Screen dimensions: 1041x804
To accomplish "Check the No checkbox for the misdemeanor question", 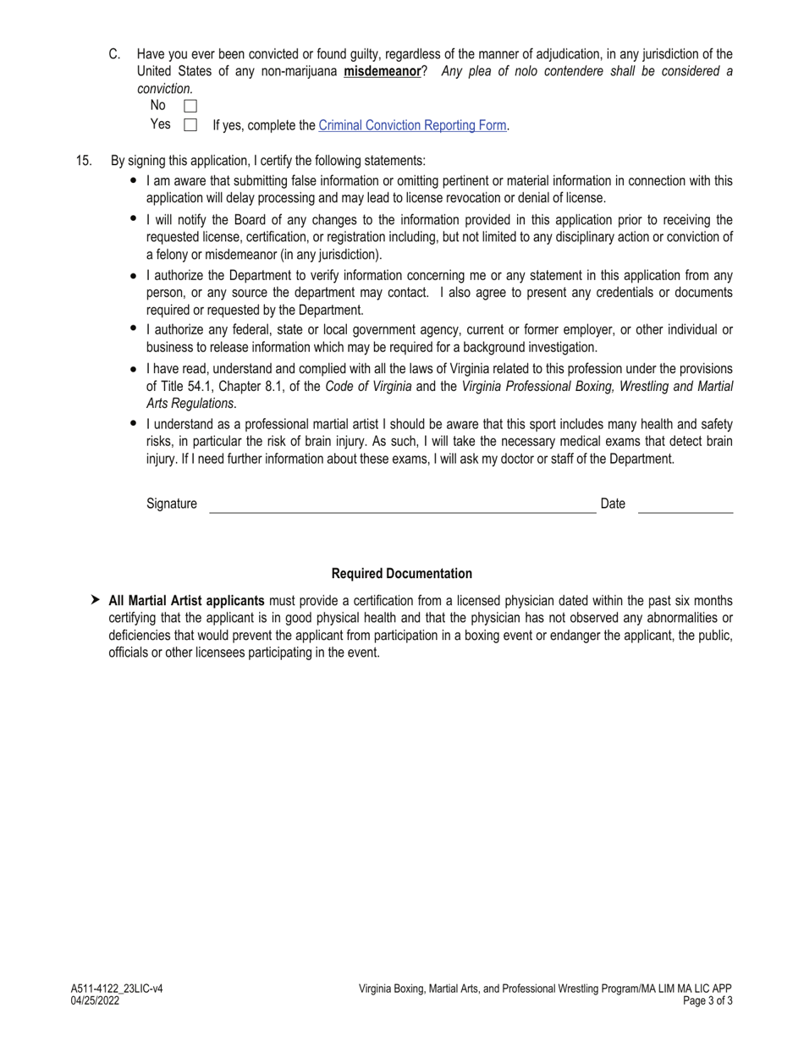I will (x=190, y=106).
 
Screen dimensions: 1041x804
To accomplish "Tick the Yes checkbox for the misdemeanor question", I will (x=190, y=125).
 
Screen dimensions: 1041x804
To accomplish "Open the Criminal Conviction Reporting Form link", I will (x=411, y=125).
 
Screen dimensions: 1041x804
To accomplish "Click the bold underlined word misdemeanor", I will (x=382, y=71).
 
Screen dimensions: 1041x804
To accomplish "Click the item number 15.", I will (x=84, y=160).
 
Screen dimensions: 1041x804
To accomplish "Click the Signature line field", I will (x=402, y=506).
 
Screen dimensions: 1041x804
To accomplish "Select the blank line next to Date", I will (x=685, y=506).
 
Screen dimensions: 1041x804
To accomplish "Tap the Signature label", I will (x=172, y=504).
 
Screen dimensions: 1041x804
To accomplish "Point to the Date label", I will (x=613, y=504).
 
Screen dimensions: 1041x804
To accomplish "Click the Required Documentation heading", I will (x=402, y=573).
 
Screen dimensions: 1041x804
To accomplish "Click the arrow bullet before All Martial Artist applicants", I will (x=96, y=600).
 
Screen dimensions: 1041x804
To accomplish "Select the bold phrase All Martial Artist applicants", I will (x=186, y=600).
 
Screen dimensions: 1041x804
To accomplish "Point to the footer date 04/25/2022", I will (x=96, y=1000).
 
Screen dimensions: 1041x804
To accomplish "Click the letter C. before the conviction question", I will (x=114, y=54).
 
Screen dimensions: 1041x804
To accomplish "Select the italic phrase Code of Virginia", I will (x=368, y=387).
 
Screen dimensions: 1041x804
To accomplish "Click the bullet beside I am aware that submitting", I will (x=134, y=181).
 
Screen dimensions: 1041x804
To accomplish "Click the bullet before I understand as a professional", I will (x=134, y=423).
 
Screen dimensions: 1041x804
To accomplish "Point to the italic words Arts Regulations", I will (x=190, y=404).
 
